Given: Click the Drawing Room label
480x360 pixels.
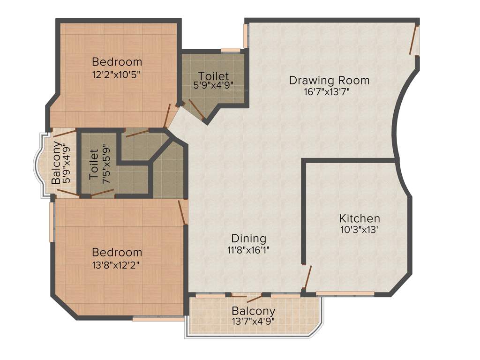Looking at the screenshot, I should [x=329, y=80].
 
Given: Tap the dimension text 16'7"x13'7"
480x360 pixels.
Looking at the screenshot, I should [x=327, y=92].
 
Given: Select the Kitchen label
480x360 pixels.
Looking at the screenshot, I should [x=360, y=218].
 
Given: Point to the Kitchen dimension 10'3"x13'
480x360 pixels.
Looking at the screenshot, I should [x=360, y=230].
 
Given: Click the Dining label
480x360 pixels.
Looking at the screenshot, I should [x=248, y=238].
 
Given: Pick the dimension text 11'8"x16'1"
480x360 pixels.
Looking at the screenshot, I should [x=248, y=250].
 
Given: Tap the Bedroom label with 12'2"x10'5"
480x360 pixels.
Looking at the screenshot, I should [x=117, y=61].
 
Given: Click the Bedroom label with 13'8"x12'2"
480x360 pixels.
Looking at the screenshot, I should [x=117, y=252].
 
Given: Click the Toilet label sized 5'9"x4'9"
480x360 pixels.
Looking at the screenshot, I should [x=213, y=76].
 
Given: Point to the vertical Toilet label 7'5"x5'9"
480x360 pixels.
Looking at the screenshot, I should [x=94, y=165].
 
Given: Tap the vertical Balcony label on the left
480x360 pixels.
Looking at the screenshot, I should [x=56, y=162].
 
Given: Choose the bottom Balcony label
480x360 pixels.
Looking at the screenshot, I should [x=253, y=311].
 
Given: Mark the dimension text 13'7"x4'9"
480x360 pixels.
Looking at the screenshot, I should [x=253, y=322].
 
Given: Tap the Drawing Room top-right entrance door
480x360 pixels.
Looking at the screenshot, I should [x=413, y=40].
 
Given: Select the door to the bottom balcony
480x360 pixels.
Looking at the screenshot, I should [x=254, y=298].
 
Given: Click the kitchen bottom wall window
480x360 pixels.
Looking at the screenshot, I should [x=345, y=294].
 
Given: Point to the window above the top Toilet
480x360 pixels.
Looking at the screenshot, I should [x=230, y=50].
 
